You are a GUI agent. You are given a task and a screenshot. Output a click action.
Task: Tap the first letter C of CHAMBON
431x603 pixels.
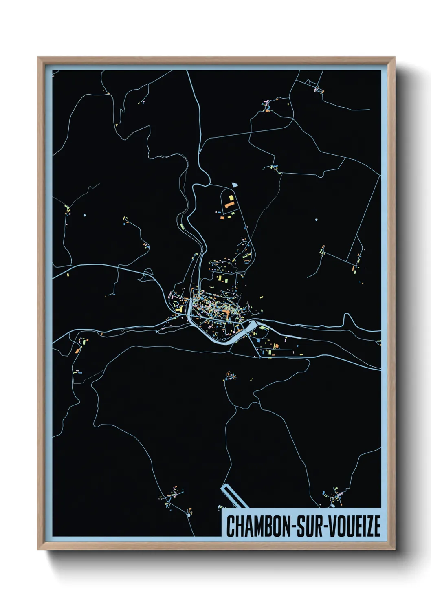[230, 526]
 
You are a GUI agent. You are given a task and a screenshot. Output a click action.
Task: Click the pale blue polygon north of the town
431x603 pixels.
[234, 185]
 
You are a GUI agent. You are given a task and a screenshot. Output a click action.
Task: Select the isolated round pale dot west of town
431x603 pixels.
[84, 215]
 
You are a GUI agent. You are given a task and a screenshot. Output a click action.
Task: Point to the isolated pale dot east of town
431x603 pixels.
[316, 220]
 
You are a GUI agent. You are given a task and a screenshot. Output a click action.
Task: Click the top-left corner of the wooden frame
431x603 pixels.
[38, 57]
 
